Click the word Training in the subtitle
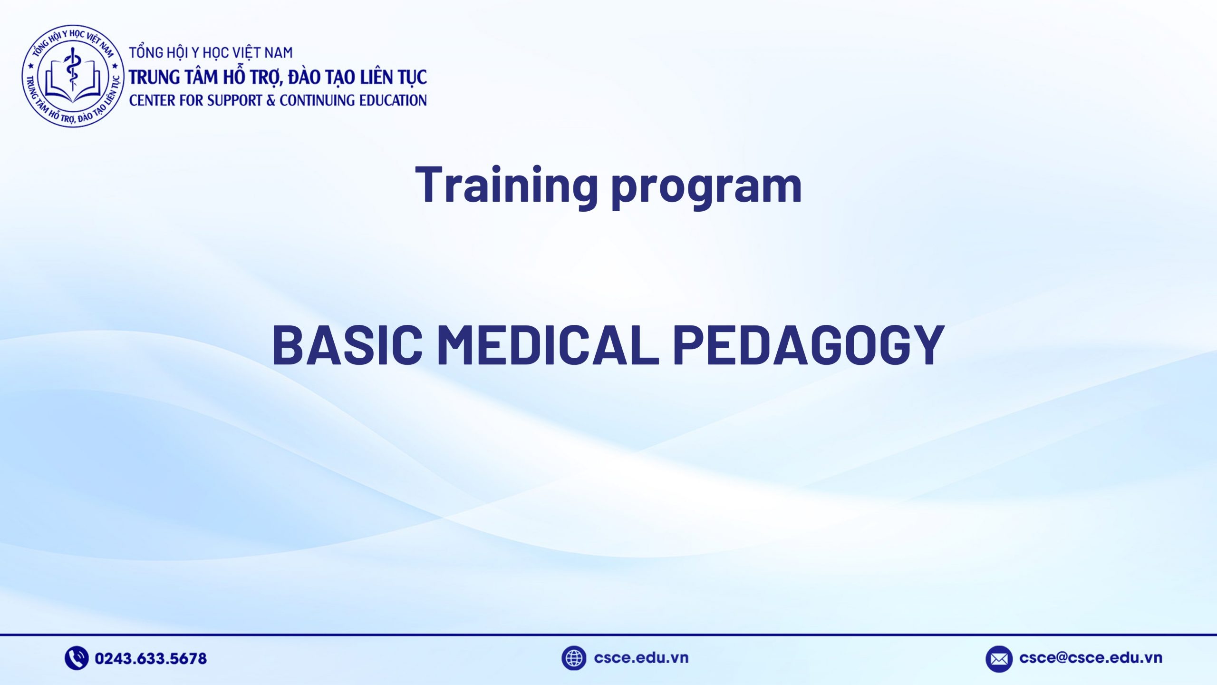(506, 185)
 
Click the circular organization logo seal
(73, 76)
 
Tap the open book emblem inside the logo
(73, 86)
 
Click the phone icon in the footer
(76, 658)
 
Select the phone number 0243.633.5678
(151, 658)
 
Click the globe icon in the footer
(573, 658)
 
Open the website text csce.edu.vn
(641, 658)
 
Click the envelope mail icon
(999, 659)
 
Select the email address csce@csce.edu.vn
(1091, 658)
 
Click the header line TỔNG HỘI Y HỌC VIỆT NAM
(211, 52)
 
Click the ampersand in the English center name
(271, 100)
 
